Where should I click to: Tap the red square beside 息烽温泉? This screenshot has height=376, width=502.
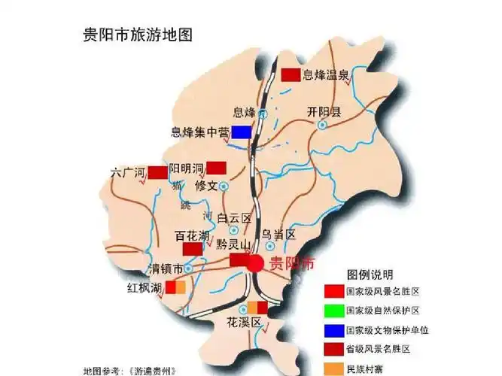290,74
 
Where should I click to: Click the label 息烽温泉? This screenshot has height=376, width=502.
325,74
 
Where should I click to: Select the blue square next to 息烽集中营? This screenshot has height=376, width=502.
241,132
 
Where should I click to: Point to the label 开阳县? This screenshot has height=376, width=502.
324,113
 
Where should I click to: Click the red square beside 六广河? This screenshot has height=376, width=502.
157,172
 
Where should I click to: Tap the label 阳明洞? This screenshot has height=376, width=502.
187,167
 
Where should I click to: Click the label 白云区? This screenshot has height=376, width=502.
234,218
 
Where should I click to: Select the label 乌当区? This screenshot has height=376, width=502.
279,235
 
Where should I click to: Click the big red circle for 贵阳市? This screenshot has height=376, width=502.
255,263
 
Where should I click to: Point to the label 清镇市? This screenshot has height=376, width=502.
166,268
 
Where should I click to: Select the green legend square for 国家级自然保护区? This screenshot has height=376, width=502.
332,310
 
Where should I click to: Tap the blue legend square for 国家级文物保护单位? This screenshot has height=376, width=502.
332,329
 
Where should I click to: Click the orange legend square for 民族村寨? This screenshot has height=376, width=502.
332,368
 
